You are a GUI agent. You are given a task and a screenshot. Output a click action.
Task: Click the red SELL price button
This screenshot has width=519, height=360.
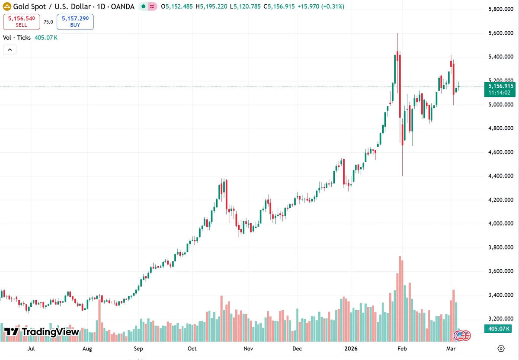[21, 22]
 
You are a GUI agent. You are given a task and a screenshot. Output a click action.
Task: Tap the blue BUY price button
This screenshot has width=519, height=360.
[75, 22]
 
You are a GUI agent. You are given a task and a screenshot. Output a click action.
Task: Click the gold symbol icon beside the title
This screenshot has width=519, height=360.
[7, 6]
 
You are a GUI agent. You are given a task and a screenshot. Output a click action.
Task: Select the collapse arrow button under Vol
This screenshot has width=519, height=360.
[10, 50]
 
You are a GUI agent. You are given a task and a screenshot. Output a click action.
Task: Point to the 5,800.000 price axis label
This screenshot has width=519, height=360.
[501, 9]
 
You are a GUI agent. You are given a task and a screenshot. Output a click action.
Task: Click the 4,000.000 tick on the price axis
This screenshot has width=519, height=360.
[501, 223]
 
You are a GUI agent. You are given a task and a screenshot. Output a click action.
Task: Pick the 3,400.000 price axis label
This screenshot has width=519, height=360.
[501, 295]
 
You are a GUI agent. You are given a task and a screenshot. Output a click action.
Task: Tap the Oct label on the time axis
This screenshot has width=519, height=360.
[192, 349]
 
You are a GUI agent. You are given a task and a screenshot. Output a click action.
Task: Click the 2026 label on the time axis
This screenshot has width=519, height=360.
[351, 349]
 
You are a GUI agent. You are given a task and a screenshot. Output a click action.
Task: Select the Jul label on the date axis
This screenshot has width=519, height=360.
[31, 349]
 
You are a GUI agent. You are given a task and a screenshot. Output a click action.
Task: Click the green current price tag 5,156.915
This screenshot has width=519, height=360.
[500, 89]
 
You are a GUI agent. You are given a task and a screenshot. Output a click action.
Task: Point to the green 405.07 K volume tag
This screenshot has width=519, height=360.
[498, 329]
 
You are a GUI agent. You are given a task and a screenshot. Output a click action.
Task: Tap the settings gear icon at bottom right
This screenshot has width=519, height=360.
[501, 349]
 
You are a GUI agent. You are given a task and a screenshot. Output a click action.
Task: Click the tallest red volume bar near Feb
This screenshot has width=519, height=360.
[400, 299]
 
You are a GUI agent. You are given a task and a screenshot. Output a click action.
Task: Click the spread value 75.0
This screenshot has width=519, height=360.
[48, 22]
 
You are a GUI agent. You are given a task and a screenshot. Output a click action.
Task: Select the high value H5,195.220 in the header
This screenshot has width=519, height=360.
[211, 6]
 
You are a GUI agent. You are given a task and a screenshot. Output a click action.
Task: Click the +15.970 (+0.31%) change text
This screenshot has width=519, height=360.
[321, 6]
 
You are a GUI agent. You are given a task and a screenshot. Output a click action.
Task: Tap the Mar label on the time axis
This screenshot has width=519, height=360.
[451, 349]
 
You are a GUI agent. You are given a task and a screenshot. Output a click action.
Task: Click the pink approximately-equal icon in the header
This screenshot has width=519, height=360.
[152, 6]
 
